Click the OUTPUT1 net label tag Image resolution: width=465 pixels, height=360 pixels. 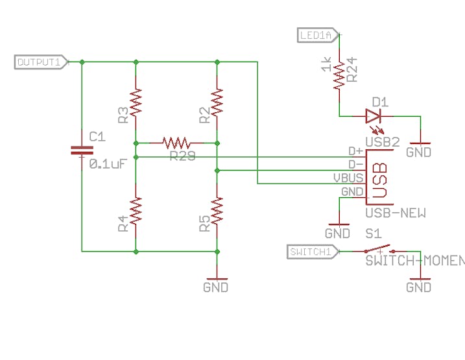(x=40, y=62)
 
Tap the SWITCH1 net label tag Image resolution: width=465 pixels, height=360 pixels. (x=311, y=251)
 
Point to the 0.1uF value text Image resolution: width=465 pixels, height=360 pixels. (x=107, y=164)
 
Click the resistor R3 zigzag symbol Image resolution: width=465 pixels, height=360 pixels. (x=136, y=102)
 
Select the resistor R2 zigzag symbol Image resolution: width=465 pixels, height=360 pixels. (x=217, y=102)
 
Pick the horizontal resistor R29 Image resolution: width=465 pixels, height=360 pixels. (x=176, y=142)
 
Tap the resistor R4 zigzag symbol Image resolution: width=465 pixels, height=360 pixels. (x=136, y=211)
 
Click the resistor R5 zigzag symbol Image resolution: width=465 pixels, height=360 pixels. (x=217, y=211)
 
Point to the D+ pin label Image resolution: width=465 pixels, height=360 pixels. (x=355, y=150)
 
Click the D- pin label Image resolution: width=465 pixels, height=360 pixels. (x=355, y=163)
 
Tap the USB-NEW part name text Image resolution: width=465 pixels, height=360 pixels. (x=395, y=213)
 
